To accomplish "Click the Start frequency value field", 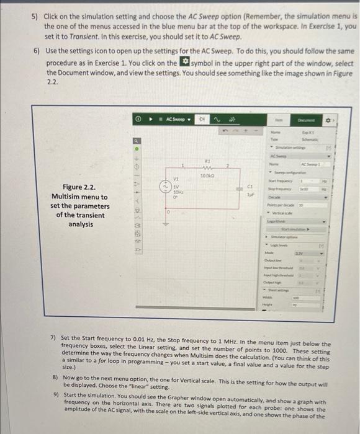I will point(304,179).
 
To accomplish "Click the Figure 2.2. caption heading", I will point(79,187).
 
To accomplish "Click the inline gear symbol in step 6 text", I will point(183,63).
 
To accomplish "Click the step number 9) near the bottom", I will point(55,395).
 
